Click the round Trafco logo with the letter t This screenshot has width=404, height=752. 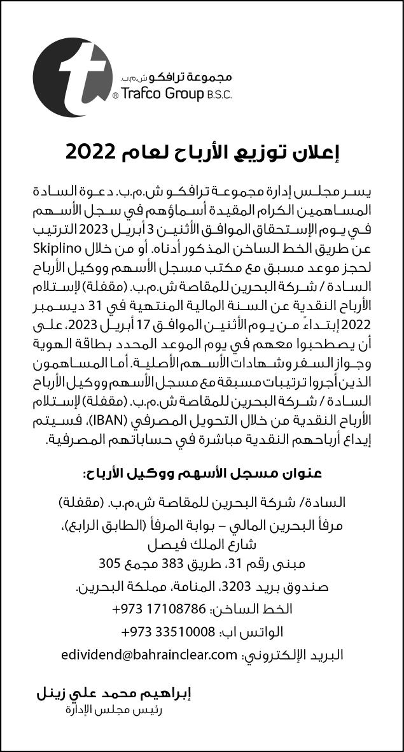[72, 77]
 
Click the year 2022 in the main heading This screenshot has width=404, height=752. [90, 152]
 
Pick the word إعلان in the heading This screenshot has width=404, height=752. [317, 152]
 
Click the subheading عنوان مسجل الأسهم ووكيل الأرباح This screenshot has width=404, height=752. [202, 472]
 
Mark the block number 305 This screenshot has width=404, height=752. [111, 564]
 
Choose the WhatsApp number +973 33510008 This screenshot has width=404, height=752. [167, 632]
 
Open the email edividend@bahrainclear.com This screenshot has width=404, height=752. [150, 655]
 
